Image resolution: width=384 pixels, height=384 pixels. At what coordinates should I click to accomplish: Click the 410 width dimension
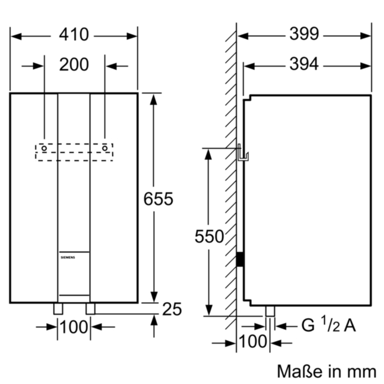click(x=74, y=35)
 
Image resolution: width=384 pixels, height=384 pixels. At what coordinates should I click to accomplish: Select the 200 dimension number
click(x=74, y=64)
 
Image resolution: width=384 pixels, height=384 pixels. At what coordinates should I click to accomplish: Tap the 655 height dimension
click(x=158, y=199)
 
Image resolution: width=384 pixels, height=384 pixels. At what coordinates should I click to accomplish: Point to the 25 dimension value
click(x=172, y=309)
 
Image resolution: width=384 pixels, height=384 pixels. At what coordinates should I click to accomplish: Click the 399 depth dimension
click(x=304, y=34)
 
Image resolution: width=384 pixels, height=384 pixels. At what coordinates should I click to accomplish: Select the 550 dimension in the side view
click(x=209, y=236)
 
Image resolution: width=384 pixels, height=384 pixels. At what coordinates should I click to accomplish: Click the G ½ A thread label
click(x=328, y=326)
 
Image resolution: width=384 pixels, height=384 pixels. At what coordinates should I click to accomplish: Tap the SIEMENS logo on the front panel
click(x=68, y=258)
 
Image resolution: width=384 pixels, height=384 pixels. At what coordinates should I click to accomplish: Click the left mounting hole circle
click(x=44, y=148)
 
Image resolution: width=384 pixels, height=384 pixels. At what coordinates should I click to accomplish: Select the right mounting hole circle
click(x=105, y=148)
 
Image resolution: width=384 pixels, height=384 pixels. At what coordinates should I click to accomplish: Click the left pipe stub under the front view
click(x=58, y=309)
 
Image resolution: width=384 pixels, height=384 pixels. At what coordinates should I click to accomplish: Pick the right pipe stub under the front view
click(x=91, y=309)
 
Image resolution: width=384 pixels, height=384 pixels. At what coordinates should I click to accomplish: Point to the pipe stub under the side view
click(x=270, y=311)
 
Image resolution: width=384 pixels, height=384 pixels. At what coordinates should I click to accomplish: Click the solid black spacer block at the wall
click(x=240, y=259)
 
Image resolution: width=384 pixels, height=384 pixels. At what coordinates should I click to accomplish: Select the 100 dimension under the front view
click(x=74, y=327)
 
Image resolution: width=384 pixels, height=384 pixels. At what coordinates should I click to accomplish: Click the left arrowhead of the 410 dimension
click(x=16, y=36)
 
